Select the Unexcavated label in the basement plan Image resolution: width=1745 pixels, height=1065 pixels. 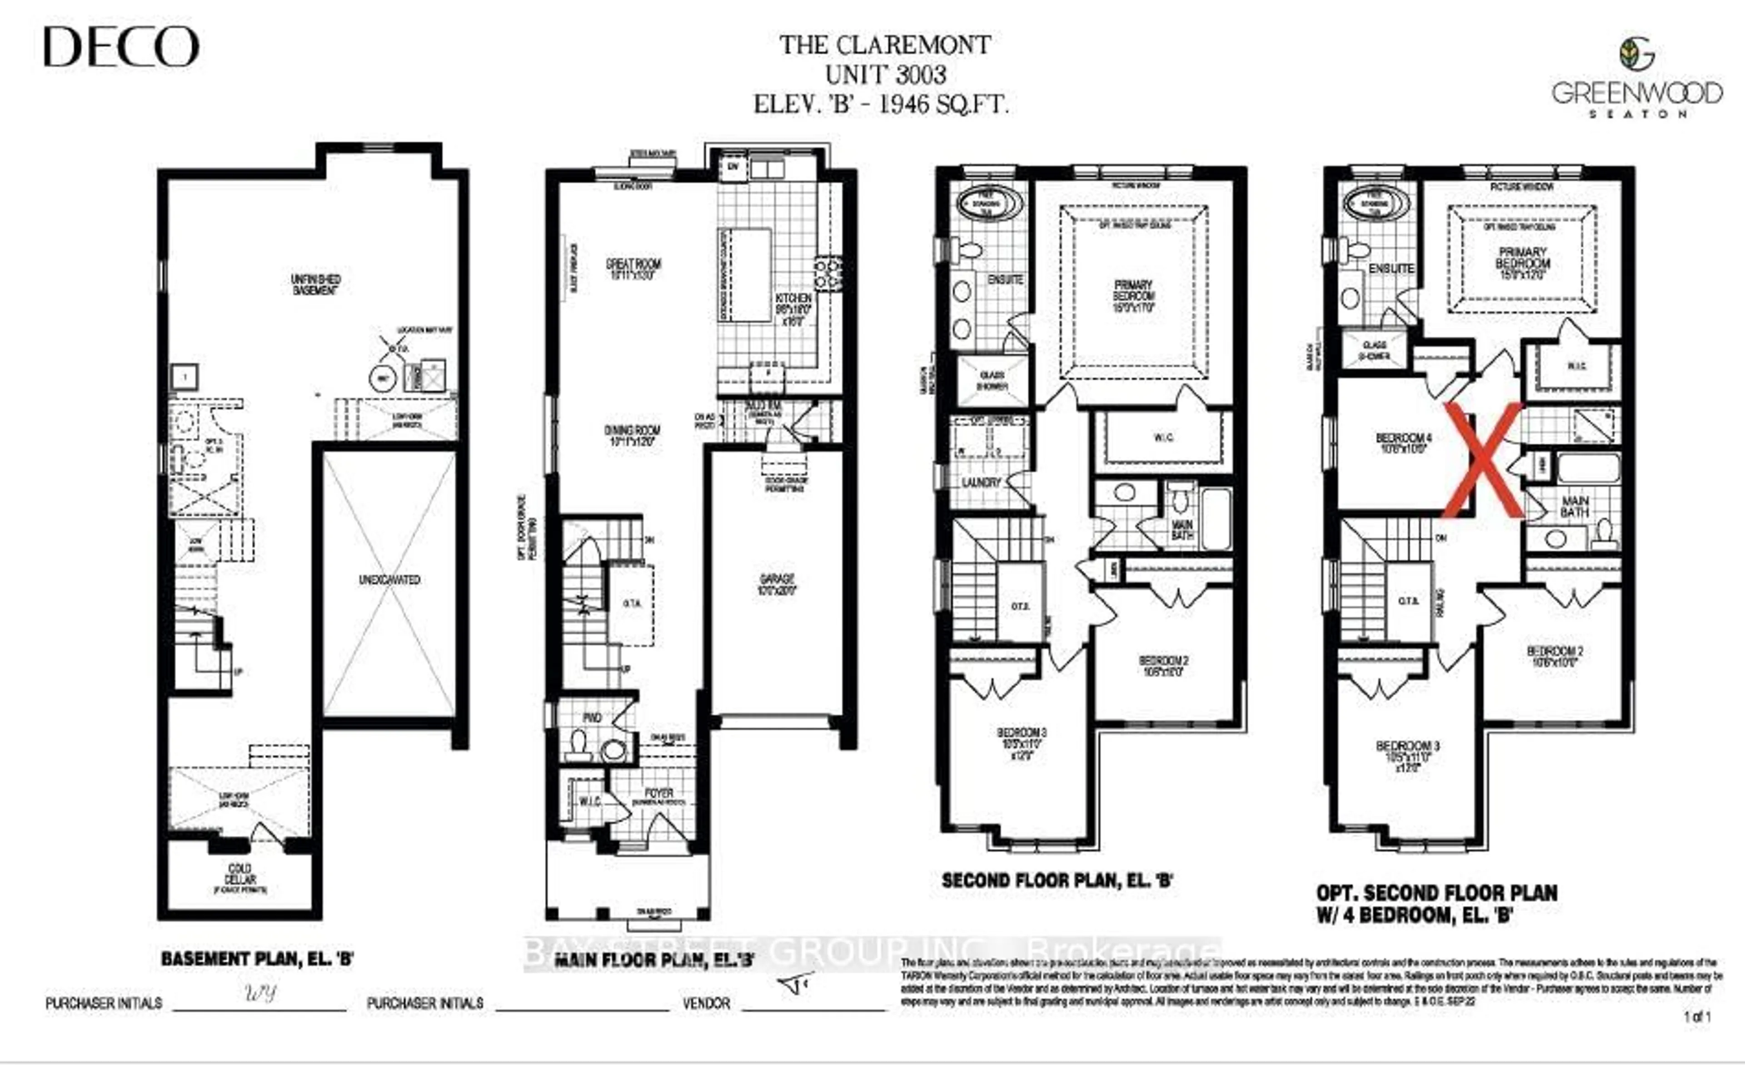tap(389, 579)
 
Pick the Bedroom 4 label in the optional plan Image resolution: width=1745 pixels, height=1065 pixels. tap(1404, 443)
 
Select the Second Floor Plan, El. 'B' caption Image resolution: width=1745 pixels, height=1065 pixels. tap(1057, 881)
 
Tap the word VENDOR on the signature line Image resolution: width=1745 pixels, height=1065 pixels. tap(706, 1003)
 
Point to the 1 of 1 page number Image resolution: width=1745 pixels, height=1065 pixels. tap(1697, 1017)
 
